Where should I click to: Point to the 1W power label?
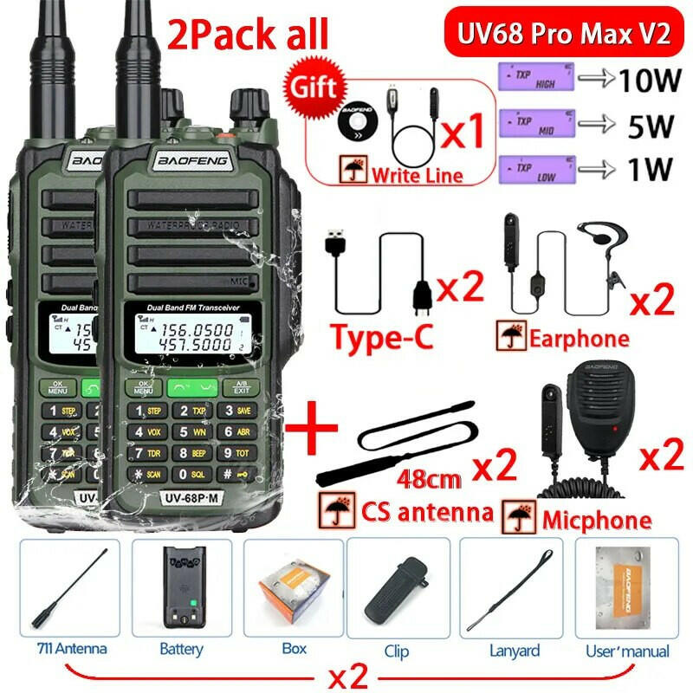point(645,166)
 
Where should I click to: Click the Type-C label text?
point(382,335)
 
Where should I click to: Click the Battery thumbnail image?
point(182,588)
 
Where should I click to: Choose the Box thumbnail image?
point(295,588)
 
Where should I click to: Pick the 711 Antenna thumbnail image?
point(69,588)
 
